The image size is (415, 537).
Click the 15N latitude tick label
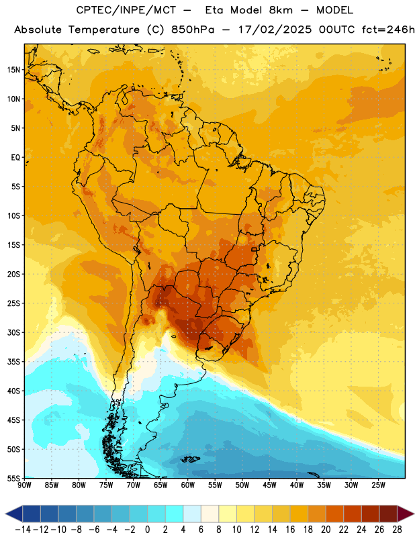point(13,70)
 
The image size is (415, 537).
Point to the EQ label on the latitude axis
point(15,158)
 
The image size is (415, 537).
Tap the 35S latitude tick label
point(13,362)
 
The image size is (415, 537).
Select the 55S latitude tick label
point(13,478)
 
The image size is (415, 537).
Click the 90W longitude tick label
point(24,485)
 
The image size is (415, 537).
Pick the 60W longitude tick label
point(188,485)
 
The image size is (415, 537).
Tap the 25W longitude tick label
point(378,485)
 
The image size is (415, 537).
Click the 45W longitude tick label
point(269,485)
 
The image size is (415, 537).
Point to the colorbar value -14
point(23,530)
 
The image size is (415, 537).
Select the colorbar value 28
point(397,530)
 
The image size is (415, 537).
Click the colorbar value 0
point(147,530)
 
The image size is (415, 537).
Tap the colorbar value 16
point(290,530)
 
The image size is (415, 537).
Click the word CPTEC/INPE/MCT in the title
point(126,10)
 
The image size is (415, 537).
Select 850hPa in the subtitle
point(193,30)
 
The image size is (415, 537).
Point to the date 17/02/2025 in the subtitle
point(275,30)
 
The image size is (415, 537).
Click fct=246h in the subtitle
point(388,30)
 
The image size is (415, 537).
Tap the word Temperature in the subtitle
point(104,30)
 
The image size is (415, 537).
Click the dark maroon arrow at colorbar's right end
point(406,514)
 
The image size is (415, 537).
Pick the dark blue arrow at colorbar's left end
point(13,514)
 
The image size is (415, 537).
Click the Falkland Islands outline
point(190,459)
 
